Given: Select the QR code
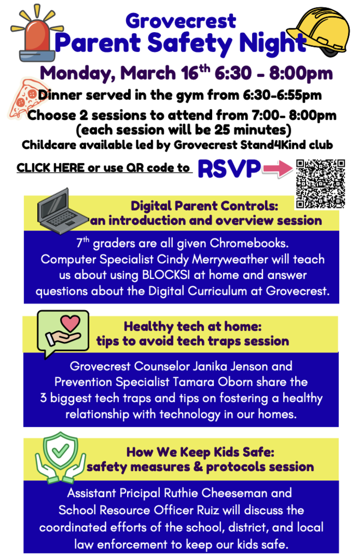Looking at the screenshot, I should (x=320, y=185).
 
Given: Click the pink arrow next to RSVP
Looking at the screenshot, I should (x=278, y=170).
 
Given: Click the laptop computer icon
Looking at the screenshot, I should (x=61, y=209).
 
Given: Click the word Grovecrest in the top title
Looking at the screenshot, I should (x=181, y=21).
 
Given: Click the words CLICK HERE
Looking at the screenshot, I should (x=51, y=168).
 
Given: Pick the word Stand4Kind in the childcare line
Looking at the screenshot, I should (x=277, y=146).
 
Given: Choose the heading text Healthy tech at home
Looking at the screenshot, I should (x=193, y=327).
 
